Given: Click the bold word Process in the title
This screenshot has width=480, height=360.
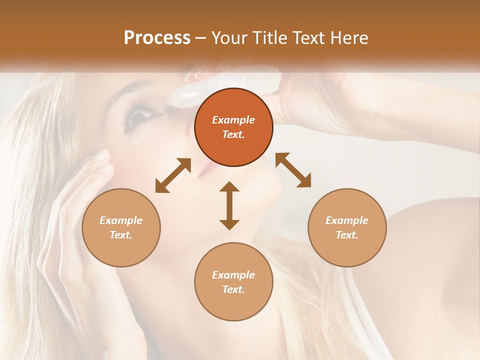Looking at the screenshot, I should coord(157,38).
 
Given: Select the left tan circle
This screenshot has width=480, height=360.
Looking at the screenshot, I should coord(121,227).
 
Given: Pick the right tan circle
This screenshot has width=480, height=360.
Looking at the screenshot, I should coord(347,227).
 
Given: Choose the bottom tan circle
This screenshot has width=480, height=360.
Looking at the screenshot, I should coord(233,282).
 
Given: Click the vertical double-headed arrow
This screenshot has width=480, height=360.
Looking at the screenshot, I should coord(229,205).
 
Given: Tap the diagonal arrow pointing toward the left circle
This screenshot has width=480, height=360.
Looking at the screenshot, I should coord(173,175).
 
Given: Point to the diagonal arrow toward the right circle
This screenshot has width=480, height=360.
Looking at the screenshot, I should coord(293,170).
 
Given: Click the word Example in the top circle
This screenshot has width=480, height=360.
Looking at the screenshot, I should coord(233,120).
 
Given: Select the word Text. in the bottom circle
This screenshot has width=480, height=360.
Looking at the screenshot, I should coord(233,289).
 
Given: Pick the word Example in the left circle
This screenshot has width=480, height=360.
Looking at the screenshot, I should coord(121,220).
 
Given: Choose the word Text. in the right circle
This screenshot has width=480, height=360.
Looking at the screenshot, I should coord(347,235).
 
